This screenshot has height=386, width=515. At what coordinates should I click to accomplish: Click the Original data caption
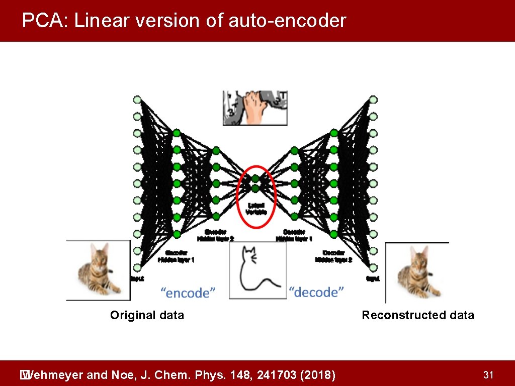pyautogui.click(x=147, y=315)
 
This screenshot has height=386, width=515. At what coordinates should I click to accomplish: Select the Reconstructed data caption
pyautogui.click(x=417, y=315)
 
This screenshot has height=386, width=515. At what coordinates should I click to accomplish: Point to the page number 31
pyautogui.click(x=487, y=374)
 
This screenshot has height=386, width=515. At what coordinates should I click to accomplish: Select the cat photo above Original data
pyautogui.click(x=99, y=270)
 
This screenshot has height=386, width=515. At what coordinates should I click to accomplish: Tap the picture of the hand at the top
pyautogui.click(x=255, y=108)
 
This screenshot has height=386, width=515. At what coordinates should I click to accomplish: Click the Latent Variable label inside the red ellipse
pyautogui.click(x=256, y=208)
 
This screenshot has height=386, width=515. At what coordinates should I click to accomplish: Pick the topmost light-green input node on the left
pyautogui.click(x=137, y=100)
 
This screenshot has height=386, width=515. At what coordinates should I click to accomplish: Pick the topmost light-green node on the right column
pyautogui.click(x=373, y=100)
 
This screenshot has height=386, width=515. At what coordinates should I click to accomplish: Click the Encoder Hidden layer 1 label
pyautogui.click(x=177, y=256)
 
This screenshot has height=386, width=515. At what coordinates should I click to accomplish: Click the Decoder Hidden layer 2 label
pyautogui.click(x=333, y=256)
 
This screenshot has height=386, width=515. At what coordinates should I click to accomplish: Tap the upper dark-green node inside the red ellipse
pyautogui.click(x=255, y=178)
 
